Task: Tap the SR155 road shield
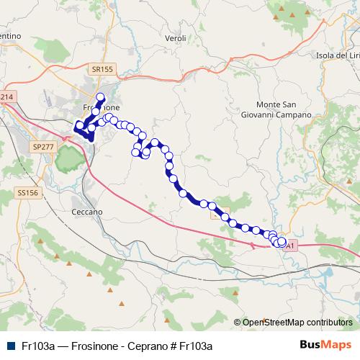(x=103, y=69)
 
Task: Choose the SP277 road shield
(x=43, y=146)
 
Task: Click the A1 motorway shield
(x=290, y=246)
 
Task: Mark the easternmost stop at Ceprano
(x=282, y=243)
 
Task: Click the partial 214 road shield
(x=6, y=96)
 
